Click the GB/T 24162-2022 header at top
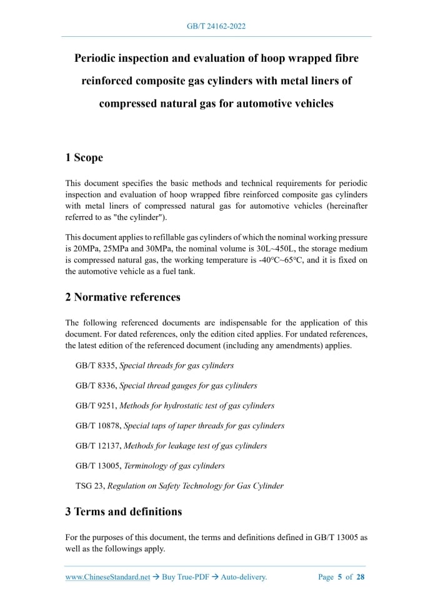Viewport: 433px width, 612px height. coord(216,26)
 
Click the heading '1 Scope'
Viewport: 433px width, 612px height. coord(84,157)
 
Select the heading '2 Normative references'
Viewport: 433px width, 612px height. coord(122,297)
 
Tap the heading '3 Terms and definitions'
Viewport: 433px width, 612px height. coord(123,511)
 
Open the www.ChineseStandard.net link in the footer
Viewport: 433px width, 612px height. coord(107,577)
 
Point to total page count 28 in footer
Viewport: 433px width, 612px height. coord(360,577)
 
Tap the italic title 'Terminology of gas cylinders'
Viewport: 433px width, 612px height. coord(174,465)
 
